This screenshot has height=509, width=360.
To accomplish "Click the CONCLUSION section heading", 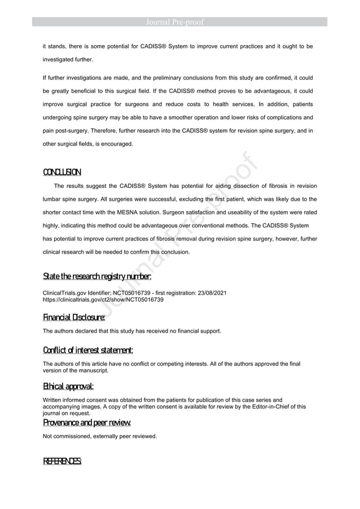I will coord(62,172).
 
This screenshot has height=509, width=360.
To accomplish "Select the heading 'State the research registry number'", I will coord(97,277).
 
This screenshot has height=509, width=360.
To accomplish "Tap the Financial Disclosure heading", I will coord(74,318).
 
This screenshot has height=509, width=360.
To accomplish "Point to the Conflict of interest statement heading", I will coord(88,351).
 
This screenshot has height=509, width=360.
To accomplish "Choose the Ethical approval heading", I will coord(68,387).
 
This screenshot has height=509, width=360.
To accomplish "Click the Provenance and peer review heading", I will coord(87,423).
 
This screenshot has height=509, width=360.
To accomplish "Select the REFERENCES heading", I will coord(63,462).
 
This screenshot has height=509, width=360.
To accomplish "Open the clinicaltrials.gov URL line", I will coord(103,300).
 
